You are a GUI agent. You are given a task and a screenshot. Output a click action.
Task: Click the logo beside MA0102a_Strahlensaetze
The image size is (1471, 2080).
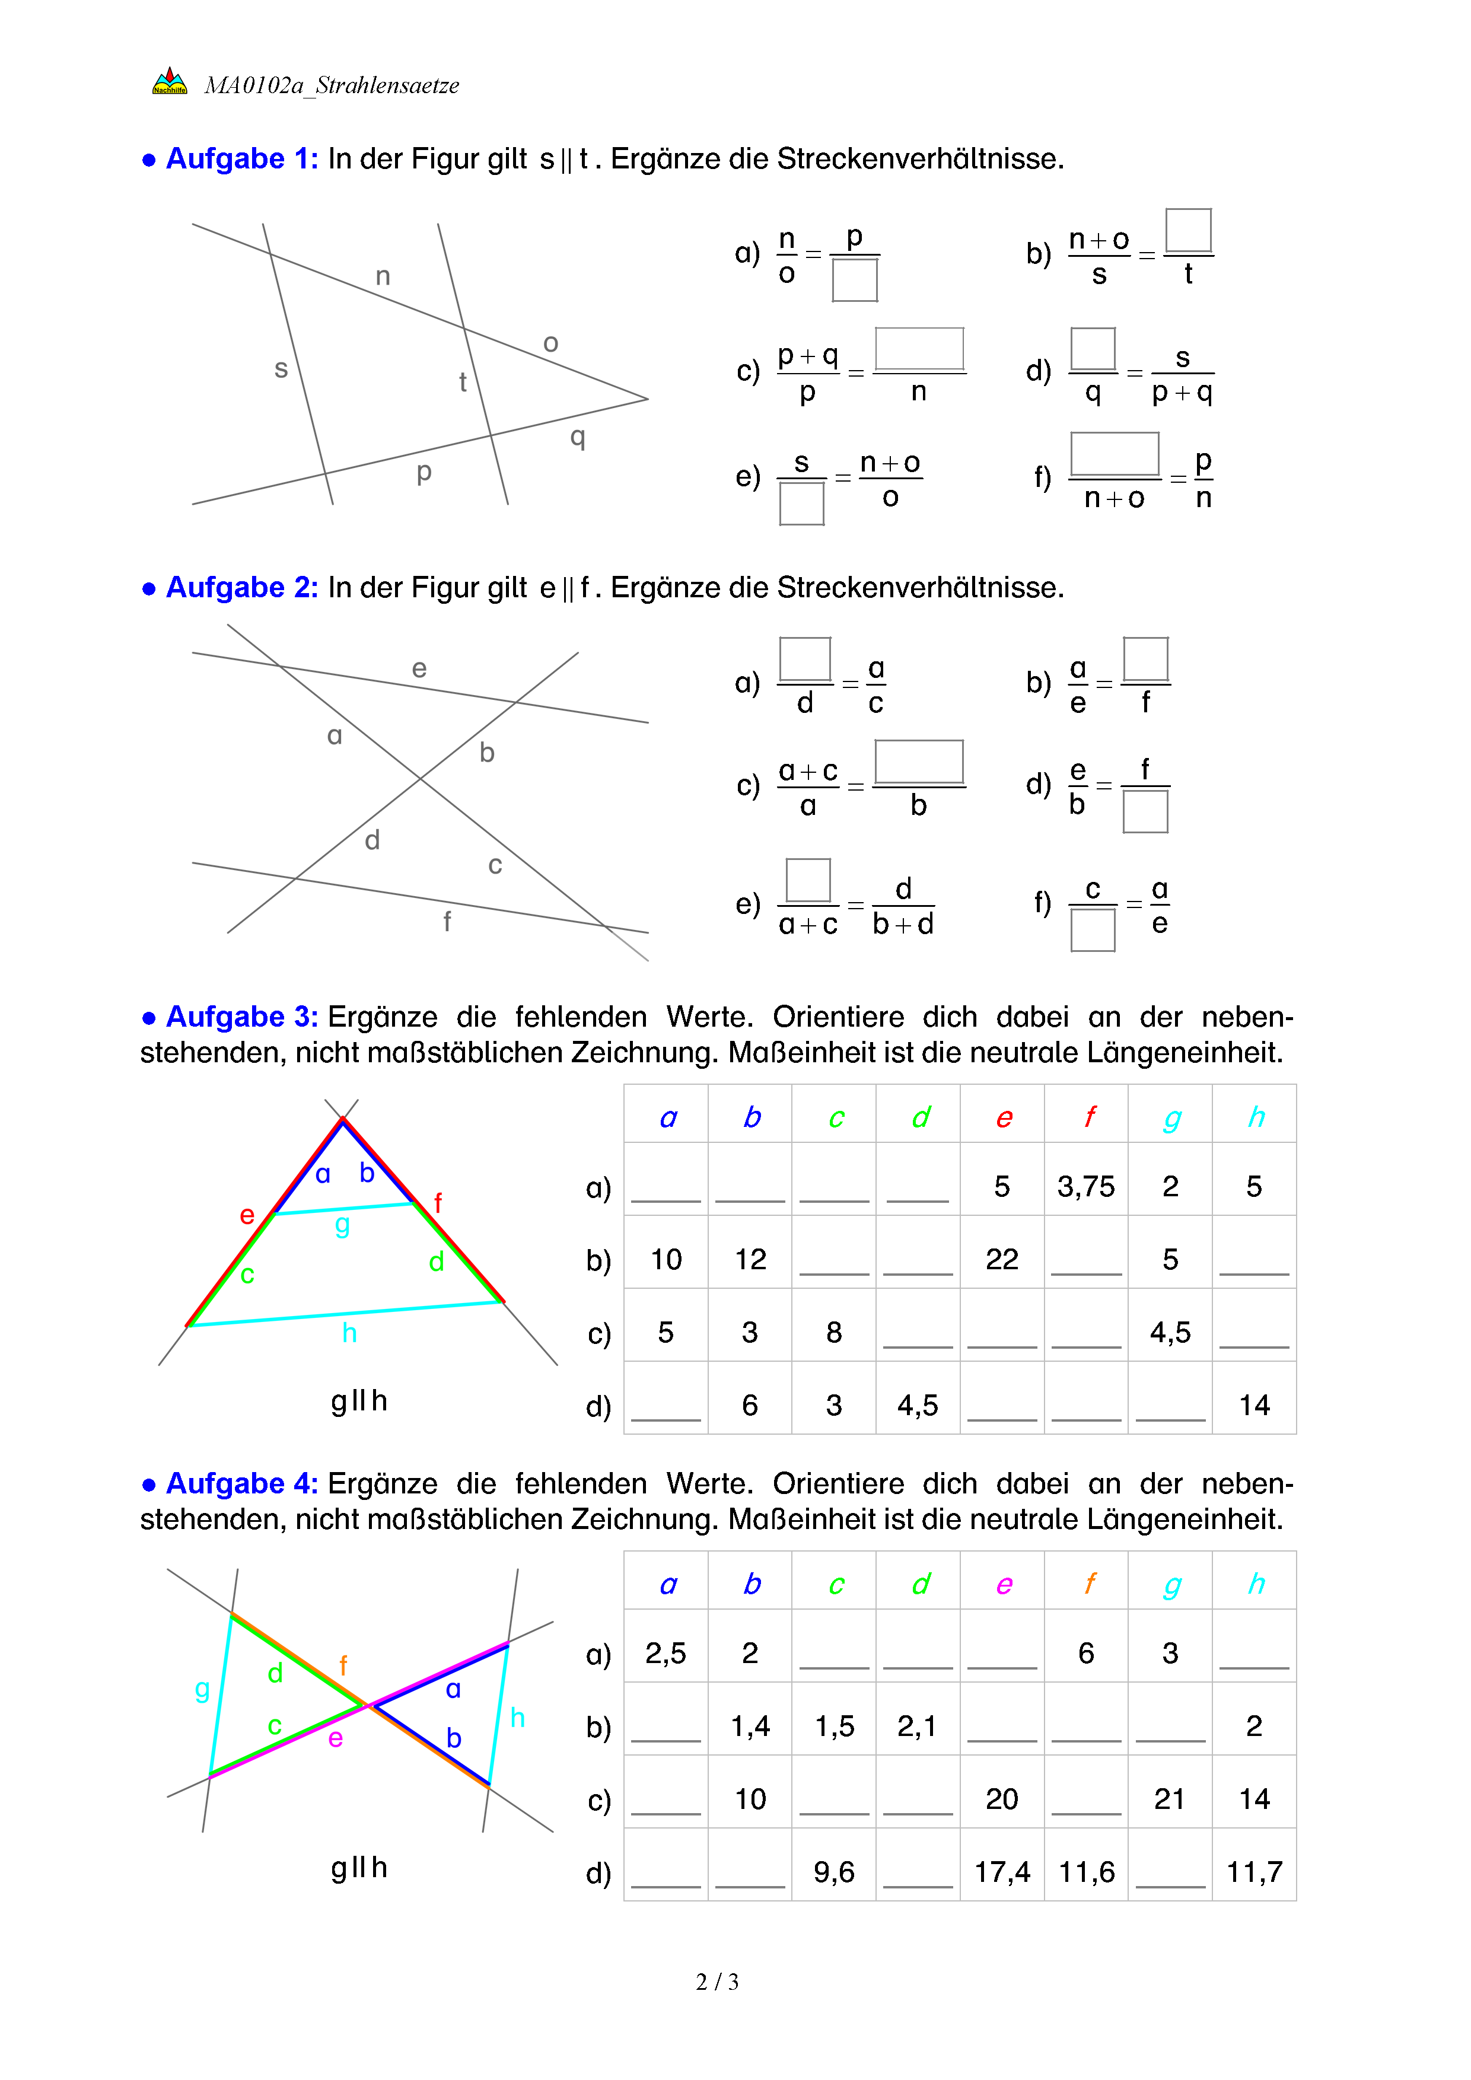coord(170,81)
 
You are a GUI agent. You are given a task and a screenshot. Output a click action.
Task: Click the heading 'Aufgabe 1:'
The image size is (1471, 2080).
coord(242,158)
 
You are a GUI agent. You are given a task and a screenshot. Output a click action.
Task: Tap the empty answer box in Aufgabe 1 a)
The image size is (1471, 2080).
coord(854,280)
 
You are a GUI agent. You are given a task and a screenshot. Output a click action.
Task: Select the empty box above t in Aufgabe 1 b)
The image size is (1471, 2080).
coord(1187,230)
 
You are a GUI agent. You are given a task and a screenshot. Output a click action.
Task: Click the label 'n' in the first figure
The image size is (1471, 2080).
coord(383,276)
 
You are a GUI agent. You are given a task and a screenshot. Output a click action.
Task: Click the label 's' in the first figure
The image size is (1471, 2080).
coord(281,369)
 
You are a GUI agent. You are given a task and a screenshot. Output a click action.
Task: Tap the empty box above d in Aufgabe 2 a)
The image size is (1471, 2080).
coord(804,658)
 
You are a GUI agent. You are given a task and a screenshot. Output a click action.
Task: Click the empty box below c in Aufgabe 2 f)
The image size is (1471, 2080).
coord(1093,929)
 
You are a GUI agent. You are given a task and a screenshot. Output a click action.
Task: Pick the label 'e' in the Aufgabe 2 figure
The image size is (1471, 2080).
coord(419,668)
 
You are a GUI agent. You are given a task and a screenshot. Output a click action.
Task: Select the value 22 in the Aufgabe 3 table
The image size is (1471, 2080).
coord(1002,1259)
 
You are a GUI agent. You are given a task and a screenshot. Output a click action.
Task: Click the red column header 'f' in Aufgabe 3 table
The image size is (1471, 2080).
coord(1089,1117)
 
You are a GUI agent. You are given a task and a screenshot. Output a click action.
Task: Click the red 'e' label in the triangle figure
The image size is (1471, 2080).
coord(246,1215)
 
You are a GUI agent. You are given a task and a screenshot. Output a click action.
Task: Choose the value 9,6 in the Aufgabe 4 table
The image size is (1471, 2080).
coord(833,1872)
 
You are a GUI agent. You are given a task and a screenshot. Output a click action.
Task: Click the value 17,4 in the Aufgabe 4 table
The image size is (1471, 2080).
coord(1002,1872)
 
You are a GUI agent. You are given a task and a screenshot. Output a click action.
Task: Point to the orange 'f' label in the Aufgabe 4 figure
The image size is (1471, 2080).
coord(343,1665)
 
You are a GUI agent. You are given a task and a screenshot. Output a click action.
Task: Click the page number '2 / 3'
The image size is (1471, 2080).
coord(717,1982)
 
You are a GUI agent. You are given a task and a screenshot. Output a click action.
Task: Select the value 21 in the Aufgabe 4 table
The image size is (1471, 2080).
coord(1168,1798)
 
